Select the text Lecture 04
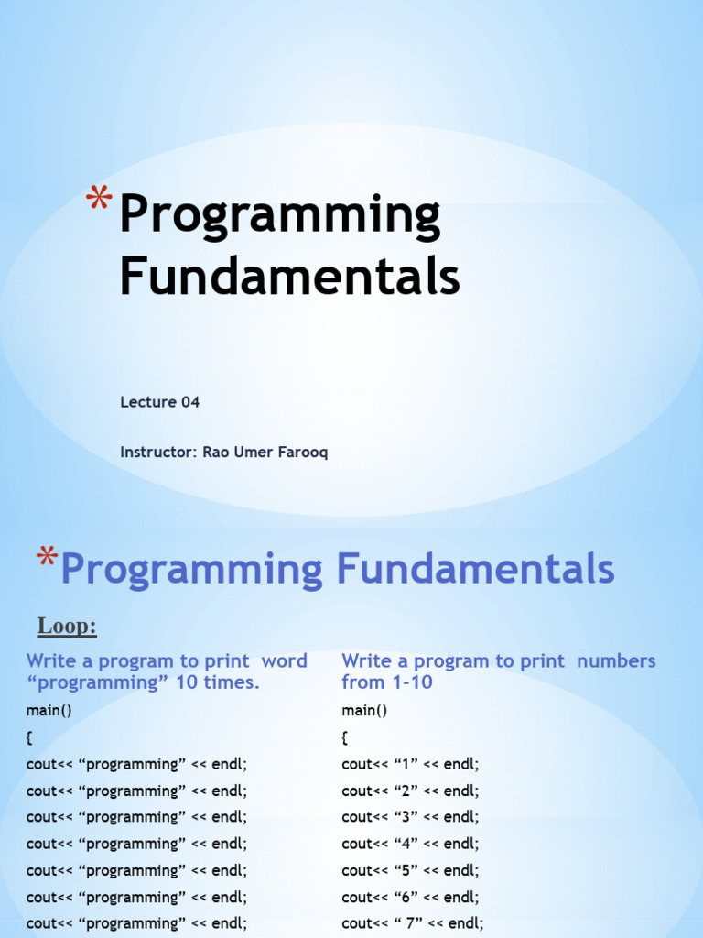click(x=159, y=402)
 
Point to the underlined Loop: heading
click(x=67, y=627)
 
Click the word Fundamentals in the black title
click(x=289, y=276)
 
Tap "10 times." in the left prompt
click(x=221, y=682)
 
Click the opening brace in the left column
click(x=30, y=737)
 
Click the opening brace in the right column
click(x=345, y=737)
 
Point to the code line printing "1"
click(x=410, y=764)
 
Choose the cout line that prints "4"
click(x=410, y=844)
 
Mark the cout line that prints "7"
click(x=413, y=923)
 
